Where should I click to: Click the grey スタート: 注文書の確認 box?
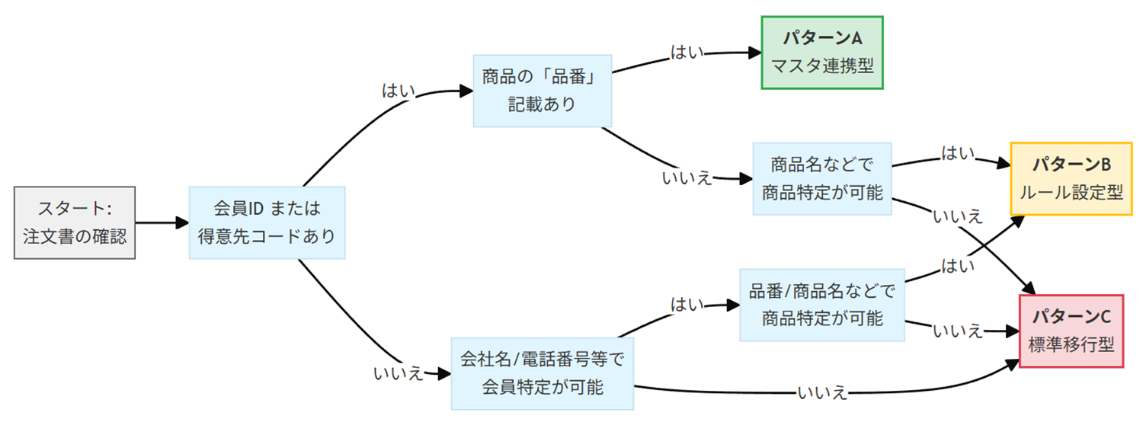tap(75, 222)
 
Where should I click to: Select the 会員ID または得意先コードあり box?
tap(267, 222)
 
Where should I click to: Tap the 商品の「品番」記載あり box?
tap(542, 91)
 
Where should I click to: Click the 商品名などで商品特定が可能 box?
tap(822, 178)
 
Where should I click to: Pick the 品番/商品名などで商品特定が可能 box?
tap(822, 304)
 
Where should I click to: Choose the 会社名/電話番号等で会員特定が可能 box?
tap(542, 373)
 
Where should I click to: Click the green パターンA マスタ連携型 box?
tap(822, 53)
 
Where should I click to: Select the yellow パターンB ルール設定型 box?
tap(1071, 178)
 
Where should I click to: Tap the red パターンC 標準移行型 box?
tap(1071, 331)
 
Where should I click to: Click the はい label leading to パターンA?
tap(687, 53)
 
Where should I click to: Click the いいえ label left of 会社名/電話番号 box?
tap(398, 374)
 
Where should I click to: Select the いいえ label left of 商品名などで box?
tap(687, 178)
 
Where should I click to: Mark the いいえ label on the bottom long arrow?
tap(822, 393)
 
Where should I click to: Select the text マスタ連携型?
tap(822, 66)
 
